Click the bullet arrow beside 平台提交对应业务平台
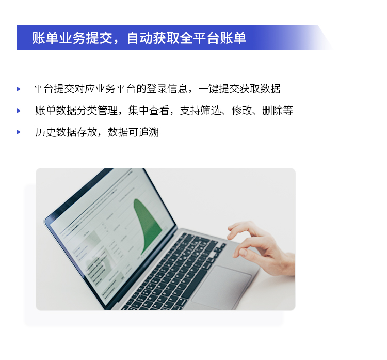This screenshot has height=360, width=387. coord(19,89)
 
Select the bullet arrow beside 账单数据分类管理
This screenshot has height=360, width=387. coord(19,111)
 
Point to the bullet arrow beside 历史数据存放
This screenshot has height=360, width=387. coord(19,132)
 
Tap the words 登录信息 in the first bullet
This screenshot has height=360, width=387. coord(167,89)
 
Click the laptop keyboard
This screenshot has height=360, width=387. coord(175,271)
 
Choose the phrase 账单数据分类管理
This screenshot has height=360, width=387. coord(76,111)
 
